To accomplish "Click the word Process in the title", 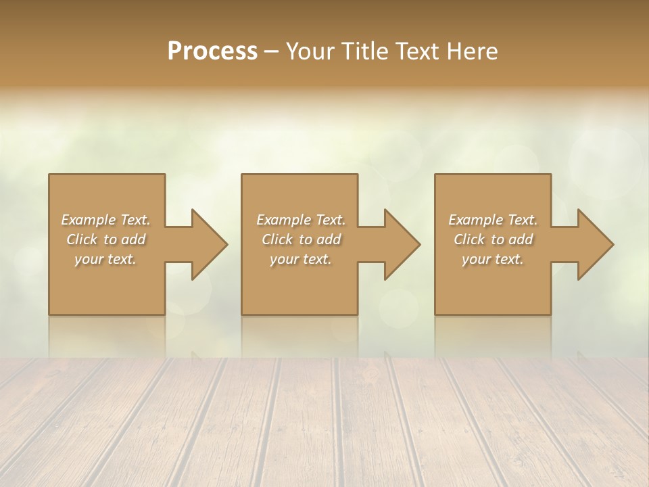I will pyautogui.click(x=212, y=51).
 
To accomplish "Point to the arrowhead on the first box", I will pyautogui.click(x=206, y=244).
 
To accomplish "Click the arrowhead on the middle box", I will pyautogui.click(x=399, y=244).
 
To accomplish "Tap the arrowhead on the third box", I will pyautogui.click(x=592, y=244).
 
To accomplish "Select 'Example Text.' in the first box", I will pyautogui.click(x=105, y=220).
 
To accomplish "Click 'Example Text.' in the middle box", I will pyautogui.click(x=301, y=220).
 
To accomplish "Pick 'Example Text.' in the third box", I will pyautogui.click(x=493, y=220).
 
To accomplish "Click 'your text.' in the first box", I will pyautogui.click(x=105, y=259).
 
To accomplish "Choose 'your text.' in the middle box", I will pyautogui.click(x=301, y=259).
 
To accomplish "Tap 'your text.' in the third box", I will pyautogui.click(x=493, y=259).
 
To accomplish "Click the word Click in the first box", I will pyautogui.click(x=82, y=239).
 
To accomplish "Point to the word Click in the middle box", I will pyautogui.click(x=277, y=239).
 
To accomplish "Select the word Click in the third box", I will pyautogui.click(x=469, y=239).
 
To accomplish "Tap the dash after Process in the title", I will pyautogui.click(x=271, y=51).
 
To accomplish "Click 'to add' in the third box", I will pyautogui.click(x=512, y=239).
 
